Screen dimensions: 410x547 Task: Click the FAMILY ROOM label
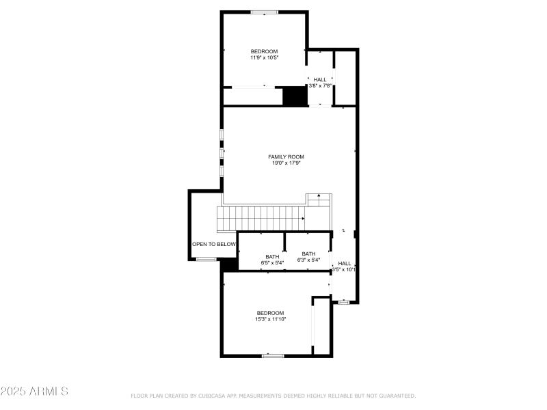click(286, 156)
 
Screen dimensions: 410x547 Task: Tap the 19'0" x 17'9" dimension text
click(286, 163)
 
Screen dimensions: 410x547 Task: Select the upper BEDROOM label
click(264, 52)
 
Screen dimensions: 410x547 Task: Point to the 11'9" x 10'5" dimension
click(264, 58)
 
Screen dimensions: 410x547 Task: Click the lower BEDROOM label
click(270, 313)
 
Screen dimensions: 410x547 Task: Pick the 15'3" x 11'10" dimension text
click(270, 319)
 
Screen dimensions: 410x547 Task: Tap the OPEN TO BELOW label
click(213, 244)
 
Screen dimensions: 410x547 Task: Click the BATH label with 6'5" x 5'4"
click(272, 257)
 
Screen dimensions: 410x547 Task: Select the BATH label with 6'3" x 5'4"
click(309, 254)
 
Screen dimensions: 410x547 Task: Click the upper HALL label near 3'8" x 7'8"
click(320, 80)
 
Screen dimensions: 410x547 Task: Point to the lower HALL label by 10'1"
click(344, 264)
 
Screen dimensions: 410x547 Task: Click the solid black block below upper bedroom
click(295, 96)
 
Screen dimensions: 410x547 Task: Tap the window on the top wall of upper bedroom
click(264, 12)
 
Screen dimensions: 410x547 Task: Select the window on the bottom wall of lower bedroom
click(273, 355)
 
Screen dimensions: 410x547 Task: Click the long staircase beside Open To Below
click(261, 219)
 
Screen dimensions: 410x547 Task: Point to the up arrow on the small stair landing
click(319, 197)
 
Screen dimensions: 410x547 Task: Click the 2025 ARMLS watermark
click(34, 392)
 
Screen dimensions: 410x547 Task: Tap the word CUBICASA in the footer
click(214, 396)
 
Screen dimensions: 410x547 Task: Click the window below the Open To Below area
click(206, 259)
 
